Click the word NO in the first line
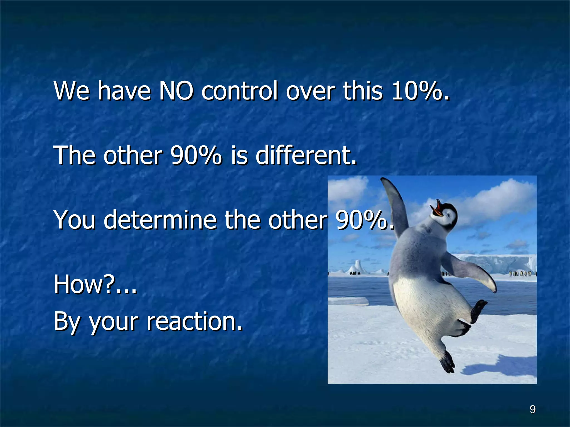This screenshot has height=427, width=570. [x=176, y=91]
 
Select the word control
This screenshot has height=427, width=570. [x=240, y=91]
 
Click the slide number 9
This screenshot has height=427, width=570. [x=532, y=409]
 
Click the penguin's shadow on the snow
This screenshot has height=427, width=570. [x=501, y=367]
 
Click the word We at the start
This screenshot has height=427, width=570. [x=72, y=91]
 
